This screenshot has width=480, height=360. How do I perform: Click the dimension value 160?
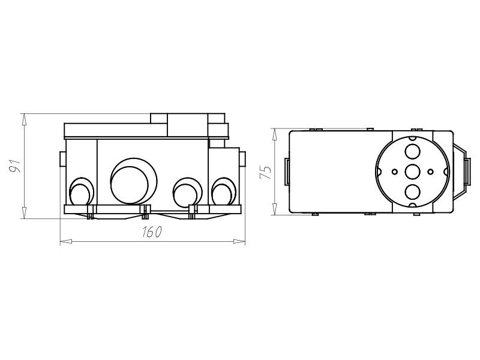152,233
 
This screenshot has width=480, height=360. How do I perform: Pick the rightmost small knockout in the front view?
223,192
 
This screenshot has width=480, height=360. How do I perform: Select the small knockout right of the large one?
185,192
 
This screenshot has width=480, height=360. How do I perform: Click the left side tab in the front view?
62,158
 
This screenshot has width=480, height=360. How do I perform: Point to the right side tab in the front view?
242,158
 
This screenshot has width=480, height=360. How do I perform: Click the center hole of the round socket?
412,172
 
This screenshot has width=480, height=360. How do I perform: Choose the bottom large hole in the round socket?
412,193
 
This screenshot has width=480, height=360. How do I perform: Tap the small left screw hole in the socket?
394,172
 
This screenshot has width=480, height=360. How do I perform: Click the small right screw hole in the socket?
430,172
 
